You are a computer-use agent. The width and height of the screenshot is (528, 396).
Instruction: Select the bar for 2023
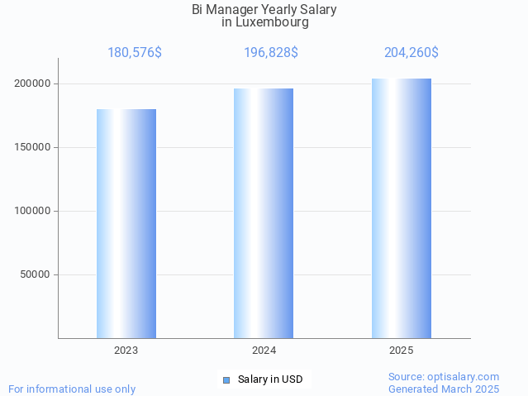point(126,223)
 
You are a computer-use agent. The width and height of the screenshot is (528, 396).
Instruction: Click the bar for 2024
point(264,213)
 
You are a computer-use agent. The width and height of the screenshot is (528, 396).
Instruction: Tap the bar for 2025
point(402,208)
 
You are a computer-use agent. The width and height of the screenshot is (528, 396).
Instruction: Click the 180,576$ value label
point(135,53)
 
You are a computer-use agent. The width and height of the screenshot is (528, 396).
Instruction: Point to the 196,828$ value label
point(271,53)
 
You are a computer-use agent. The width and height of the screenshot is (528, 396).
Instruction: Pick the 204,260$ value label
point(411,53)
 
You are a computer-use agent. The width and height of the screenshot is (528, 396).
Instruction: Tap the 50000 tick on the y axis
point(35,275)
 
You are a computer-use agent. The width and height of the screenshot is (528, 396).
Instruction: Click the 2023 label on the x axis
point(126,351)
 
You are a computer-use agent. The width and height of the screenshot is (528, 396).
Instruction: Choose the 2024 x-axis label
point(264,351)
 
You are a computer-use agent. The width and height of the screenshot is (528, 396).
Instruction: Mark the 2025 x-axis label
point(402,351)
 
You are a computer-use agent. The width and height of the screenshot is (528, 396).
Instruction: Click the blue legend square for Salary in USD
point(226,380)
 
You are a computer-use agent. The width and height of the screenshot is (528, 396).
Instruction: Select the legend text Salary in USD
point(270,380)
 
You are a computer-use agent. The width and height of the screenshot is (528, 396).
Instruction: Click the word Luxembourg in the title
point(272,23)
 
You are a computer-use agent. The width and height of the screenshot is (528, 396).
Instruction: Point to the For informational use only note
point(72,389)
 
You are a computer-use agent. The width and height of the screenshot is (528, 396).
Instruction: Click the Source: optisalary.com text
point(444,377)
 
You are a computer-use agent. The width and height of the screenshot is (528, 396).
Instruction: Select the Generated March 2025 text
point(444,389)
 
